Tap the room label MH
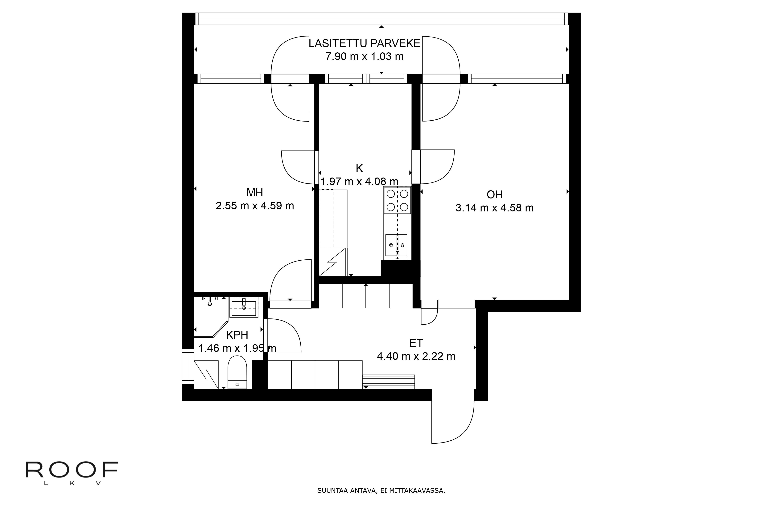tap(255, 193)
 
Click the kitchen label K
tap(359, 168)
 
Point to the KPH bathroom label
tap(237, 335)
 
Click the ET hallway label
tap(416, 343)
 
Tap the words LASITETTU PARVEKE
tap(364, 43)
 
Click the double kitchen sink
tap(396, 245)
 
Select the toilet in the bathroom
tap(237, 372)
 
